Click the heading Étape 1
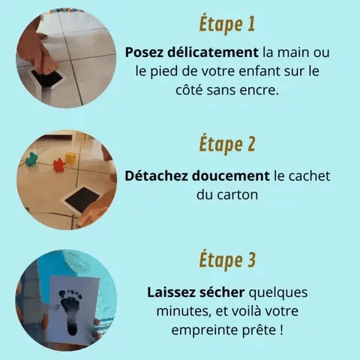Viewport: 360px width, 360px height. coord(227,24)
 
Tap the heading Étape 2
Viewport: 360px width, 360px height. coord(227,144)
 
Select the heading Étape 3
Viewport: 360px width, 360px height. coord(227,260)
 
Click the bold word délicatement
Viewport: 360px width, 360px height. coord(213,52)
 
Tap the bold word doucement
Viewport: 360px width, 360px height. coord(230,176)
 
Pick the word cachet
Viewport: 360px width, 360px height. coord(310,175)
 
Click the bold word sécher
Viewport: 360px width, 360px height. coord(222,292)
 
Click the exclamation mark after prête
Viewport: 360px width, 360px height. coord(281,330)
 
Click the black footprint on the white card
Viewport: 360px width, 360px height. coord(71,310)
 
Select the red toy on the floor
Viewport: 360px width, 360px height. coord(59,165)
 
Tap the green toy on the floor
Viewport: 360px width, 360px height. coord(32,160)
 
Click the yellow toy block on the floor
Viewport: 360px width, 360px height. coord(70,159)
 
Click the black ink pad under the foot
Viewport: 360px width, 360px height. coord(47,78)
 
